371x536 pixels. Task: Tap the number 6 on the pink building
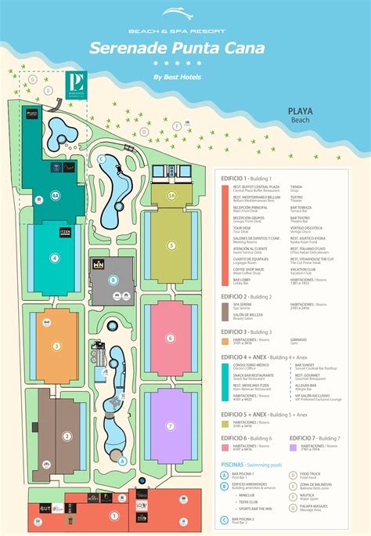(x=169, y=338)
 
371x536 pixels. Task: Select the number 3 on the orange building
(x=56, y=346)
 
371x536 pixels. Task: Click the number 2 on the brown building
(x=67, y=436)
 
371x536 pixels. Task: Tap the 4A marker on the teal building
(x=55, y=195)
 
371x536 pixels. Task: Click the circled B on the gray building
(x=113, y=279)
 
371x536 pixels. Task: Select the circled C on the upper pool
(x=102, y=159)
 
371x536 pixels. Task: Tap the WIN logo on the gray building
(x=99, y=266)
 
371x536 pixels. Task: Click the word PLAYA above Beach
(x=301, y=111)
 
